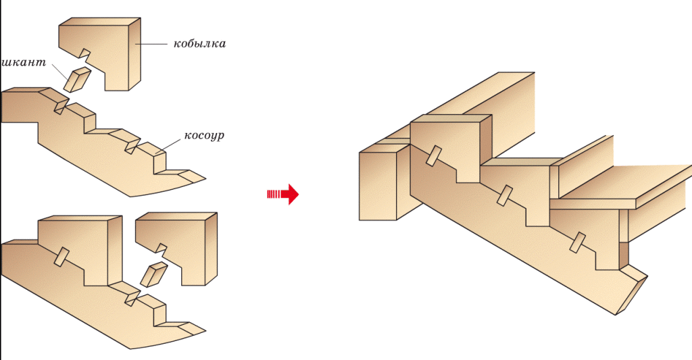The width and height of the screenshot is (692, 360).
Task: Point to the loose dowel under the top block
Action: [x=76, y=79]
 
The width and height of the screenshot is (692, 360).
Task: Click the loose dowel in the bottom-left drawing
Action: [x=154, y=275]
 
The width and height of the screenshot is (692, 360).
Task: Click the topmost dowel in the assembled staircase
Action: [x=433, y=156]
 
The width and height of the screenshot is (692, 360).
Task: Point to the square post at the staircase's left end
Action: [x=380, y=186]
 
